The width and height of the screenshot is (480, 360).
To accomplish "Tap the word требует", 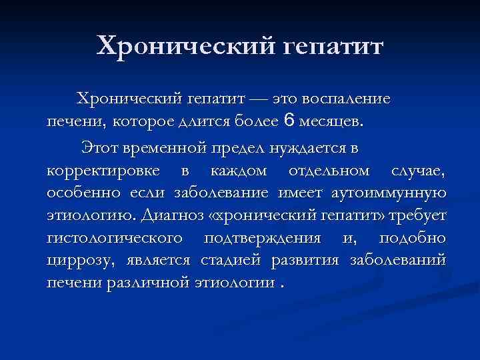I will [418, 216].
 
